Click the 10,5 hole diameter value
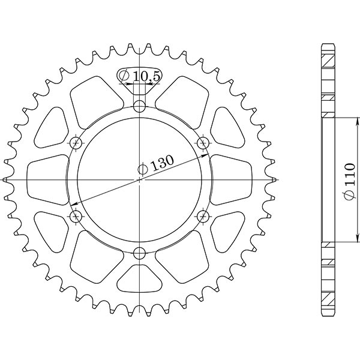(145, 76)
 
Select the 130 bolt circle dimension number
(162, 162)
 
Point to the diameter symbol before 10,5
(124, 76)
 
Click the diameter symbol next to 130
(143, 170)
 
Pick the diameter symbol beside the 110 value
(349, 196)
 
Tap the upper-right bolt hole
(203, 143)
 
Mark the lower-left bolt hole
(76, 215)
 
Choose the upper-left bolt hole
(76, 143)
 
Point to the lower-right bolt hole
(203, 215)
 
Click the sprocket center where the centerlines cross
(139, 179)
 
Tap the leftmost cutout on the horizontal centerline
(48, 179)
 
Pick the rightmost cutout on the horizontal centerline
(231, 179)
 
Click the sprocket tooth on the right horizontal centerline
(274, 179)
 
